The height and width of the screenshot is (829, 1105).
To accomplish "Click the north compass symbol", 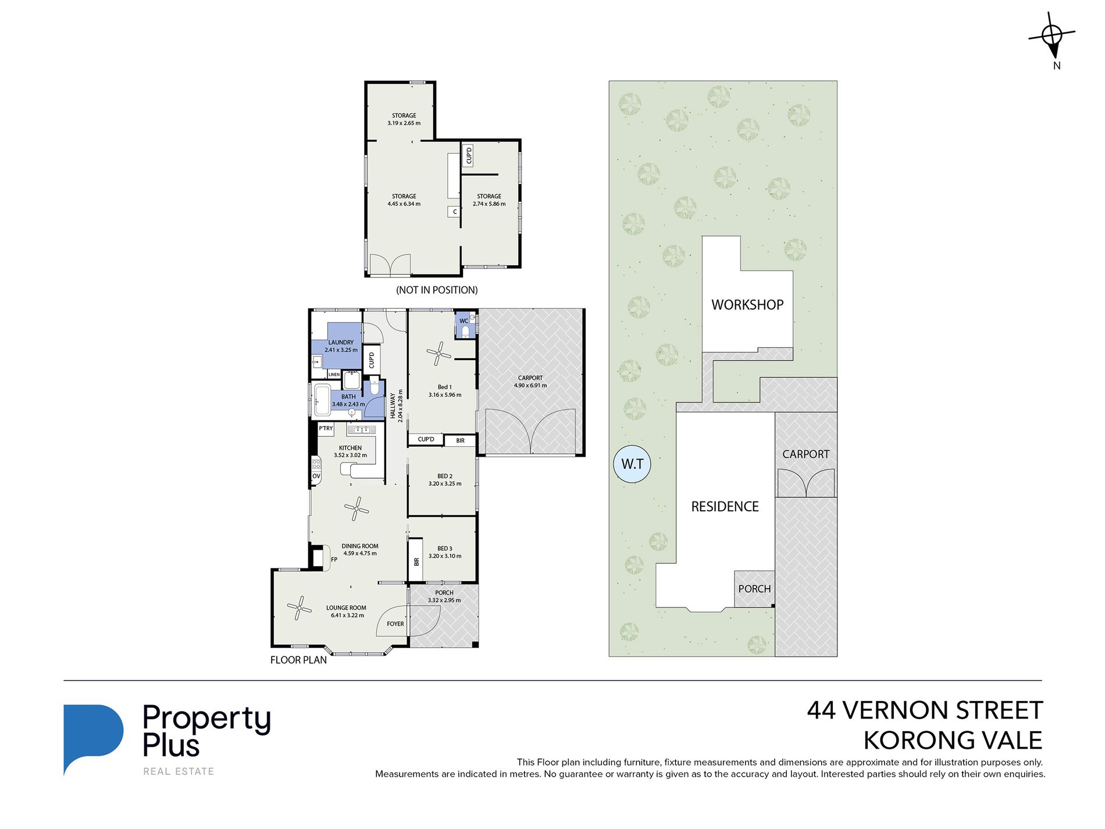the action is click(1052, 36).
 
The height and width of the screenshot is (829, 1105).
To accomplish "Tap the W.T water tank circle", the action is click(632, 464).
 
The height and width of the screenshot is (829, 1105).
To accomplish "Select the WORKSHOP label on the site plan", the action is click(747, 305).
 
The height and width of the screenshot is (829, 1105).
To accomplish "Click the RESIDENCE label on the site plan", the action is click(725, 507).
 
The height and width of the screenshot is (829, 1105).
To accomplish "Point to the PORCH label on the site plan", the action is click(754, 589).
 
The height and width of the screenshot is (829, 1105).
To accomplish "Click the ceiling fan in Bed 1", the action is click(439, 353).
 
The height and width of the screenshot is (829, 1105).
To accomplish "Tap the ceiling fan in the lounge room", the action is click(300, 608).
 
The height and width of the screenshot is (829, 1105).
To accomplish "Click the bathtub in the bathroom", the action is click(322, 400).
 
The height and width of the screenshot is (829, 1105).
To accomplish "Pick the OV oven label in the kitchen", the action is click(316, 476).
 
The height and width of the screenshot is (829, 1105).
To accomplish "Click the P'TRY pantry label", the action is click(326, 429).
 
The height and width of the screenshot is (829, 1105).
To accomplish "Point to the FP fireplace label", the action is click(334, 560).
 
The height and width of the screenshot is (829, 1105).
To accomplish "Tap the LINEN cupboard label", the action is click(334, 375).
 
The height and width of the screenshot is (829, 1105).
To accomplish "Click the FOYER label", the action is click(395, 624).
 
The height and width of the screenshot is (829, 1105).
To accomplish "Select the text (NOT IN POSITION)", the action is click(437, 290).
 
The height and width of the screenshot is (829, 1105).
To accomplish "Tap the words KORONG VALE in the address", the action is click(953, 741).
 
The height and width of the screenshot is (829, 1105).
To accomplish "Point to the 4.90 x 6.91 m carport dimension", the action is click(530, 386).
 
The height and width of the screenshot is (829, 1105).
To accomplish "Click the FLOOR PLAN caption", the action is click(298, 660).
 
